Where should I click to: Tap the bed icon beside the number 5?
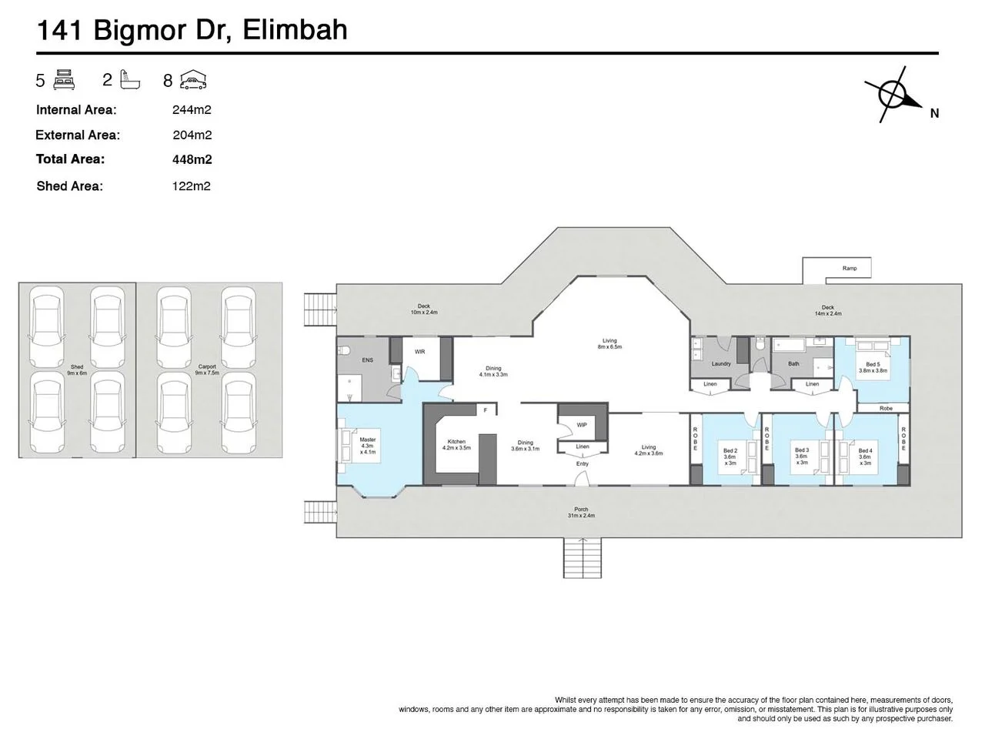[63, 79]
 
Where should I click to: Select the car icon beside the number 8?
[193, 79]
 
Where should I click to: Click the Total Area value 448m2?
[192, 159]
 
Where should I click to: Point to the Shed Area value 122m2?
[191, 186]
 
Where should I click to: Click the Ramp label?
[850, 269]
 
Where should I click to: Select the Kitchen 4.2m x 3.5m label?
[456, 445]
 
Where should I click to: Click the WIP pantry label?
[582, 424]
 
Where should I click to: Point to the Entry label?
[582, 463]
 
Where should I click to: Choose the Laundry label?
[721, 364]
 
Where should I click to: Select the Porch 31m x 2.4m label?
[581, 513]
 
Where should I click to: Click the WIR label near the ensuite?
[419, 352]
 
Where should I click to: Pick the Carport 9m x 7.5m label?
[206, 369]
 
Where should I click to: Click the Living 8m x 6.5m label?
[609, 344]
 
